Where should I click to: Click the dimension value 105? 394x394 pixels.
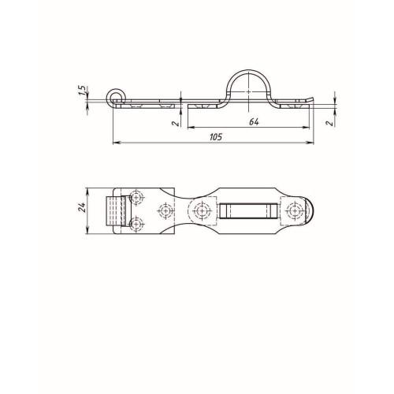216,137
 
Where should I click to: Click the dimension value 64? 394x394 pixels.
254,122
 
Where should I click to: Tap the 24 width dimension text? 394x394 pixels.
81,207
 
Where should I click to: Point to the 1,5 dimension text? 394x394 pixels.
82,91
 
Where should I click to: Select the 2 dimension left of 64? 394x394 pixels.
175,123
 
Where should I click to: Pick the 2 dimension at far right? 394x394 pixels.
330,123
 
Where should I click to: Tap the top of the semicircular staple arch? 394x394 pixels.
248,70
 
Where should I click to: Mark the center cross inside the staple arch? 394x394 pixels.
248,91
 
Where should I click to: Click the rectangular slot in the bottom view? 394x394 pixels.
248,210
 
